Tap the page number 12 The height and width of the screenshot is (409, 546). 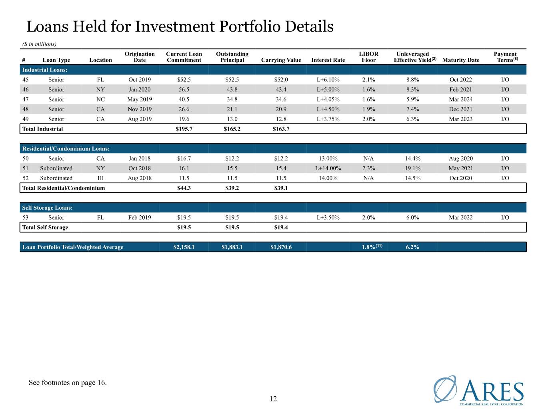273,399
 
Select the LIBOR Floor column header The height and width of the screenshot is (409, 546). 368,57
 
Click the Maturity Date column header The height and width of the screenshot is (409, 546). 461,60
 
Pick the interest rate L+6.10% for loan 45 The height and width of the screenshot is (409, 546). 328,80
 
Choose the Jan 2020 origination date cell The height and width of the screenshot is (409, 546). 140,89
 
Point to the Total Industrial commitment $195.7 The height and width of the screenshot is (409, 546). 184,129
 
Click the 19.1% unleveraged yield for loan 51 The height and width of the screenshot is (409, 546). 412,169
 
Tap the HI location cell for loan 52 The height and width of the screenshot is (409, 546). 100,178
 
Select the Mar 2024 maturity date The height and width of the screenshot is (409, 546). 461,99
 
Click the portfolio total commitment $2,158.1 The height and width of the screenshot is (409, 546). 184,247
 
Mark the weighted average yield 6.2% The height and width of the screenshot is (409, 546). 412,247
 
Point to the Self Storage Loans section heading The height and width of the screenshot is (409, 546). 47,208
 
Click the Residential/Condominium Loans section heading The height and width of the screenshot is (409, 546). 66,149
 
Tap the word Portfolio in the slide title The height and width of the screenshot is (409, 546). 250,27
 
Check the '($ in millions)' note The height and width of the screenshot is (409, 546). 39,44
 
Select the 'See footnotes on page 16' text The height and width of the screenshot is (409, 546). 68,383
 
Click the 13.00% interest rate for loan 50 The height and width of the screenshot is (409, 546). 328,159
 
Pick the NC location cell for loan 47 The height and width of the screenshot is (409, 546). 100,99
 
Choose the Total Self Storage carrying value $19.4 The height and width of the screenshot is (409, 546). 281,228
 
